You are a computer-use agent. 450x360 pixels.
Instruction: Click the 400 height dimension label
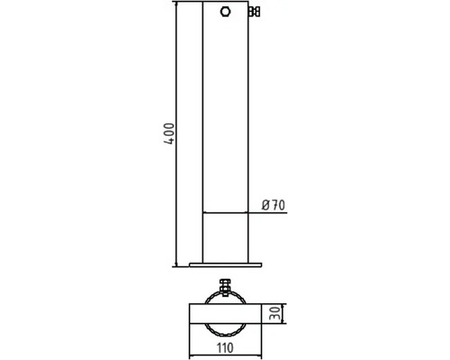click(169, 134)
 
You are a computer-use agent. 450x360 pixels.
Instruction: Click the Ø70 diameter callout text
click(274, 205)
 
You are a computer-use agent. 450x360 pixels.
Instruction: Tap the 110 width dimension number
click(225, 348)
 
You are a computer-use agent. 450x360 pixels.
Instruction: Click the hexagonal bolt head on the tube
click(225, 12)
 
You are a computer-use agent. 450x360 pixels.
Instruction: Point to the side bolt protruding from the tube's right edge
click(254, 12)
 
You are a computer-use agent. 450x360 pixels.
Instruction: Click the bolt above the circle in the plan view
click(225, 286)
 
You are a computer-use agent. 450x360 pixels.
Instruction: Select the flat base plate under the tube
click(226, 265)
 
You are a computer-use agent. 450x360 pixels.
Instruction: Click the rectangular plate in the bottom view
click(226, 314)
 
